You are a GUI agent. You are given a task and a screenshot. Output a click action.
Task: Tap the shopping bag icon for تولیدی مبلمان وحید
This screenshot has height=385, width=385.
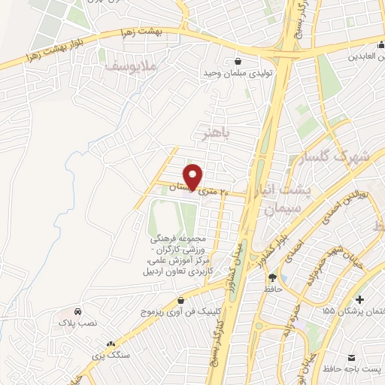(238, 61)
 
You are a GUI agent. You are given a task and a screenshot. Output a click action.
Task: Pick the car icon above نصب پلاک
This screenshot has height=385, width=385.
(79, 311)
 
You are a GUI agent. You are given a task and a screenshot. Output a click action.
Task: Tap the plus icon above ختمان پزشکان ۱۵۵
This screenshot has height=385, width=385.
(359, 299)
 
